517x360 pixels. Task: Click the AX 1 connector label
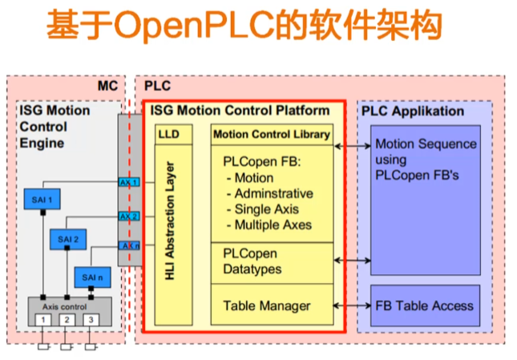(x=129, y=183)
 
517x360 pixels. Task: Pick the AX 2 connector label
(x=129, y=216)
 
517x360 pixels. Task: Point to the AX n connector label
(x=129, y=245)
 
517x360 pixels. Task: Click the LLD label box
(x=169, y=134)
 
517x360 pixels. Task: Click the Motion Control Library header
(x=271, y=134)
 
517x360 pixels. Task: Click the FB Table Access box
(x=424, y=305)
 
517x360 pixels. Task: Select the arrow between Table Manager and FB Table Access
(x=349, y=305)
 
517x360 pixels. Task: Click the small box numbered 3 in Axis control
(x=90, y=321)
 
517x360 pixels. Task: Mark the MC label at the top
(x=108, y=85)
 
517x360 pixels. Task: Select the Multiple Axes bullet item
(x=272, y=224)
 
